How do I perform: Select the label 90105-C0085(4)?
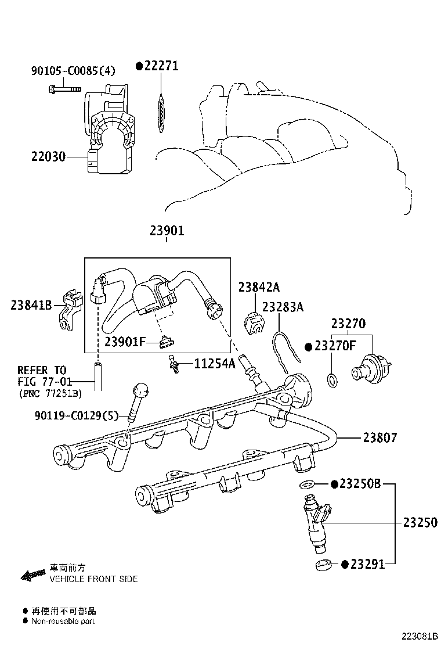tap(73, 71)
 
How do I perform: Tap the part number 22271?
tap(161, 66)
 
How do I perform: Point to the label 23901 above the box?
tap(167, 231)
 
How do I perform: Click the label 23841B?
tap(31, 304)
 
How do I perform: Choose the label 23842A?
tap(258, 286)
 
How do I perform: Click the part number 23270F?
tap(335, 346)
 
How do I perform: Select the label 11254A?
tap(215, 364)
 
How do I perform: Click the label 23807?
tap(380, 437)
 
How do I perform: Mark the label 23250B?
tap(360, 483)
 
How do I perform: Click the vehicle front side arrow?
tap(32, 575)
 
